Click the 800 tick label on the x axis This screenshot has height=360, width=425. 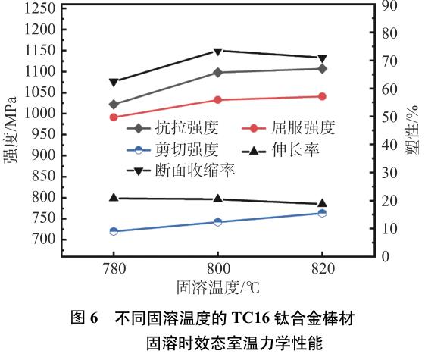click(x=217, y=270)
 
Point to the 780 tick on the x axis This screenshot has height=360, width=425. click(x=114, y=270)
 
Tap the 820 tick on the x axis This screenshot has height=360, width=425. click(x=322, y=270)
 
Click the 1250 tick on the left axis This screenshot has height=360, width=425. click(x=39, y=9)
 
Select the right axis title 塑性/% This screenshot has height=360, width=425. click(x=413, y=133)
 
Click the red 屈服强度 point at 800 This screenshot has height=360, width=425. click(x=218, y=99)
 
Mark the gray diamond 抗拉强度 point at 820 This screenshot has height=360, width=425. click(x=322, y=69)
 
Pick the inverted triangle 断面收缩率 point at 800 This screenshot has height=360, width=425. click(x=218, y=52)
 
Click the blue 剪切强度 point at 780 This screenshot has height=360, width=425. click(x=114, y=231)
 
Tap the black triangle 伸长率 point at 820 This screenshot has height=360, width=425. click(x=322, y=203)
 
